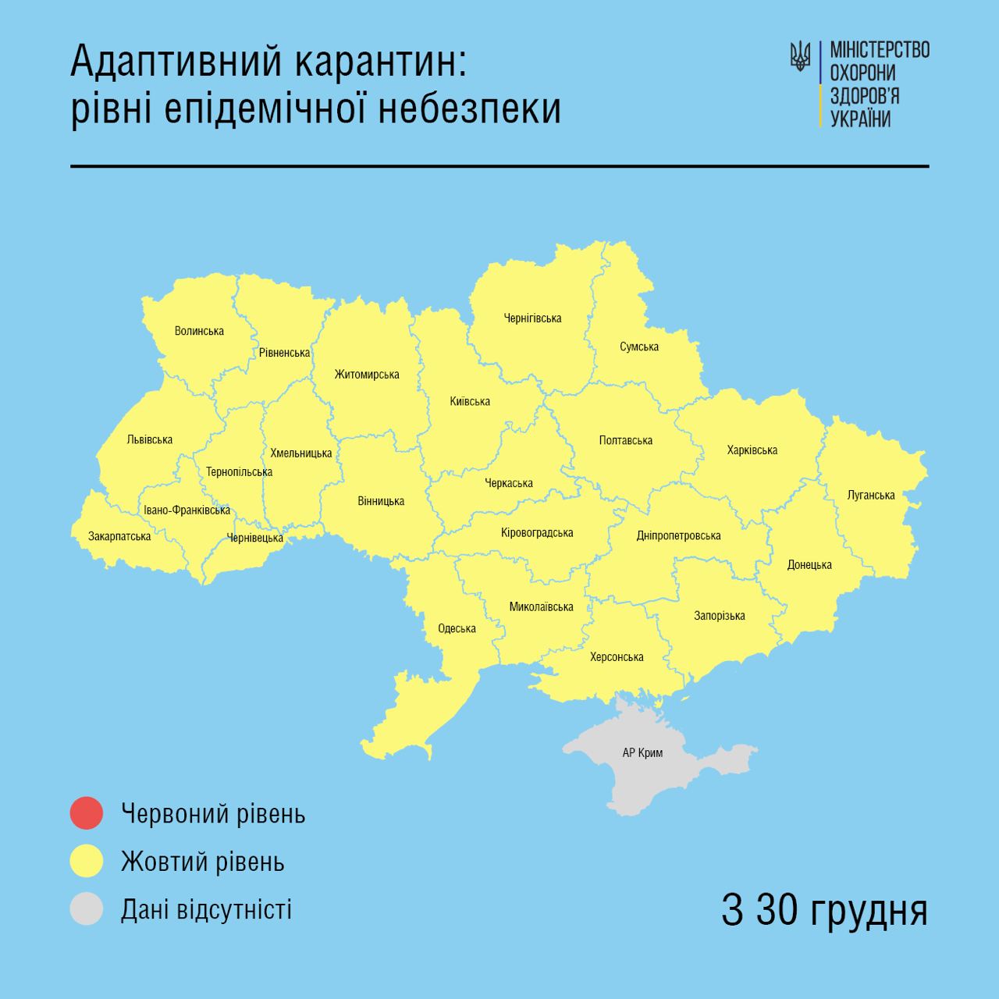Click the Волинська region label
[199, 331]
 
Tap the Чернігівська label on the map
[532, 318]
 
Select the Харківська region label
[752, 450]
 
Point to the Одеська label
[457, 628]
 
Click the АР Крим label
[642, 753]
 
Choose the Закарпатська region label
[119, 536]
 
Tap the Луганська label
[871, 495]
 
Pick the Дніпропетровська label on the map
[678, 535]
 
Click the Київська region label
[470, 401]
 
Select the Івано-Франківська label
[187, 510]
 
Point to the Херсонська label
[617, 657]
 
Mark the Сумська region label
[639, 347]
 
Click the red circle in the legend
[86, 813]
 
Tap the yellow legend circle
[86, 862]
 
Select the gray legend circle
[86, 909]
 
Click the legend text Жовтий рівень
[203, 862]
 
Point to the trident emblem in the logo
[800, 56]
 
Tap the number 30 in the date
[776, 910]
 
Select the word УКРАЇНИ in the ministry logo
[860, 119]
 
